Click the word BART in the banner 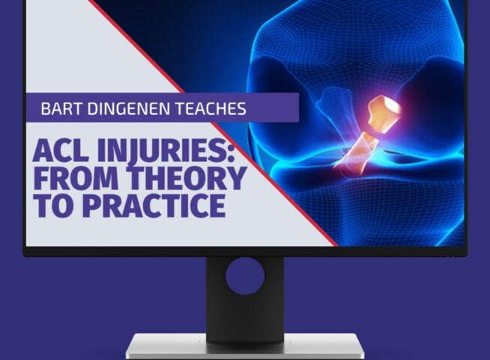tap(61, 109)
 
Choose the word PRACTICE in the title tap(149, 205)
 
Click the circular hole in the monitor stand tap(244, 277)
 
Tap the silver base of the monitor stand tap(244, 346)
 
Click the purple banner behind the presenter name tap(277, 109)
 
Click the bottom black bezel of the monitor tap(244, 251)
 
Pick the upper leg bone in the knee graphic tap(352, 52)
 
